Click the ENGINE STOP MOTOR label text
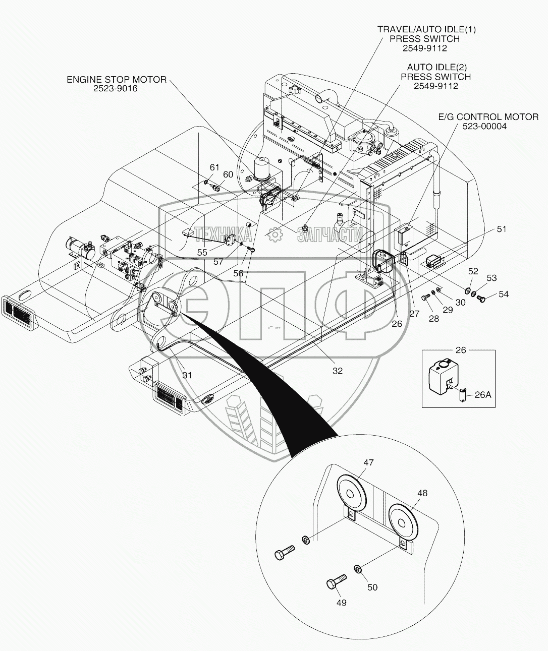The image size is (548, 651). [117, 80]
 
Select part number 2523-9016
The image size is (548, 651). [116, 88]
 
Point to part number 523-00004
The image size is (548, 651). [484, 126]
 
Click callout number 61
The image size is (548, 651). [214, 167]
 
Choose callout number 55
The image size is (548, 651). [202, 252]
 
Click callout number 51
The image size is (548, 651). [501, 229]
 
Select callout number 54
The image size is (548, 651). [504, 294]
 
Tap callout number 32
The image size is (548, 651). [337, 371]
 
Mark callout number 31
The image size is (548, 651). [187, 375]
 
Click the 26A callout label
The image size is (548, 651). [482, 395]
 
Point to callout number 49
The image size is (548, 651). [341, 603]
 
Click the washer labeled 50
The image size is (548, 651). [357, 569]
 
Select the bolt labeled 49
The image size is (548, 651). [335, 581]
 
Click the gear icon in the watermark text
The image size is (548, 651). [275, 234]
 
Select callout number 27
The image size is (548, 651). [414, 313]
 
